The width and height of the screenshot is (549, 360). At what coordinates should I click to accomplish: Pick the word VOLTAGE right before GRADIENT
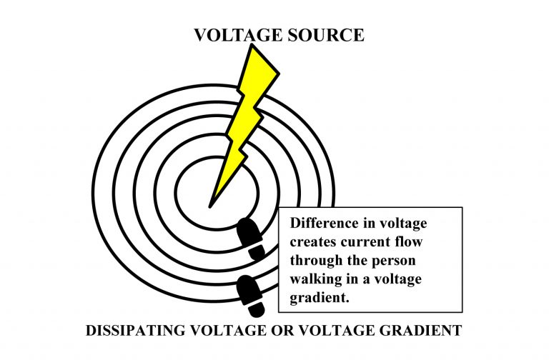click(x=336, y=332)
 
